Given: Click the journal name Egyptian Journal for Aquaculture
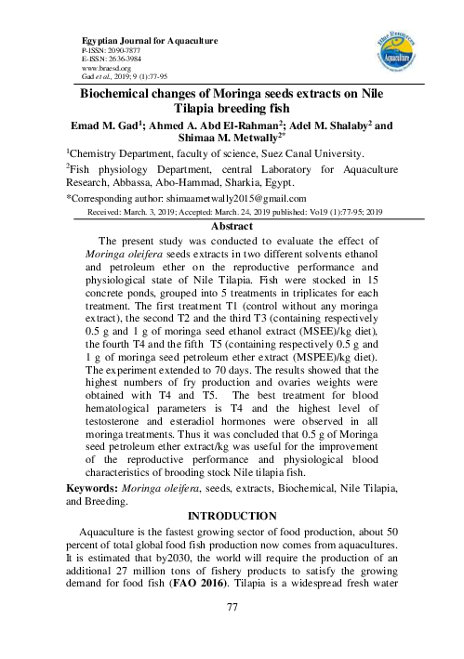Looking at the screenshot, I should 137,43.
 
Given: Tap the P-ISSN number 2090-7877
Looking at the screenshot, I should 101,52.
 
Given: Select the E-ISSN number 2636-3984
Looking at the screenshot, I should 102,60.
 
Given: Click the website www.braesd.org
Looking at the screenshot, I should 106,69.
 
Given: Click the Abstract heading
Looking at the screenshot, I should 232,226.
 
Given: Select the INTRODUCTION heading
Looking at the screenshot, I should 232,514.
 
